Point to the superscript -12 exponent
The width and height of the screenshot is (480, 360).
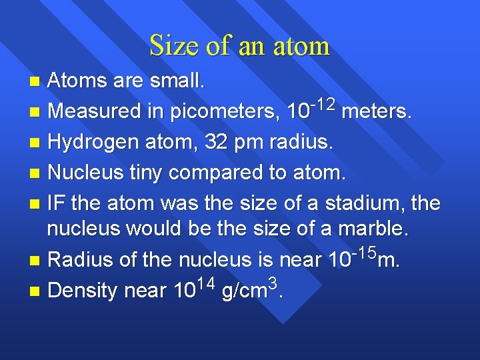(x=323, y=103)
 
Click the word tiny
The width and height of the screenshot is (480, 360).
(x=143, y=173)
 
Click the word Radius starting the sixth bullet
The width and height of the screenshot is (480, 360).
(x=76, y=259)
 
